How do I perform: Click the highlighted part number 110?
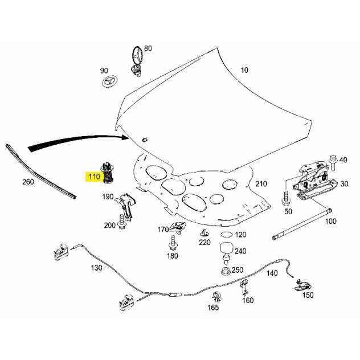tap(94, 177)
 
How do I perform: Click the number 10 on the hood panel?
tap(244, 71)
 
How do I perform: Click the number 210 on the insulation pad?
tap(261, 185)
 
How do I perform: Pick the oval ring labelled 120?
tap(226, 235)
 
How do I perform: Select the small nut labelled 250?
tap(226, 269)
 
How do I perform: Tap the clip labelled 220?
tap(203, 234)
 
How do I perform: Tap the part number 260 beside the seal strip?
tap(28, 182)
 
